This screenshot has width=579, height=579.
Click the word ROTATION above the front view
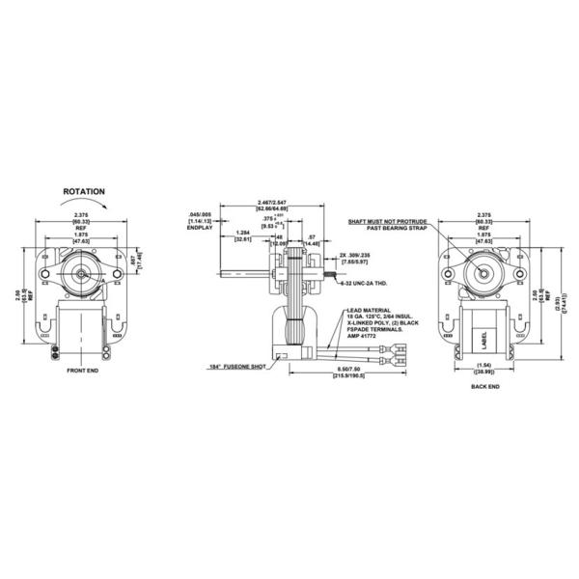84,193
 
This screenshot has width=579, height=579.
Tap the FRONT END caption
84,371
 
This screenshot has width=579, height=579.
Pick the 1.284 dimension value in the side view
242,234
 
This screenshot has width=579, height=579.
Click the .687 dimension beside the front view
132,260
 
